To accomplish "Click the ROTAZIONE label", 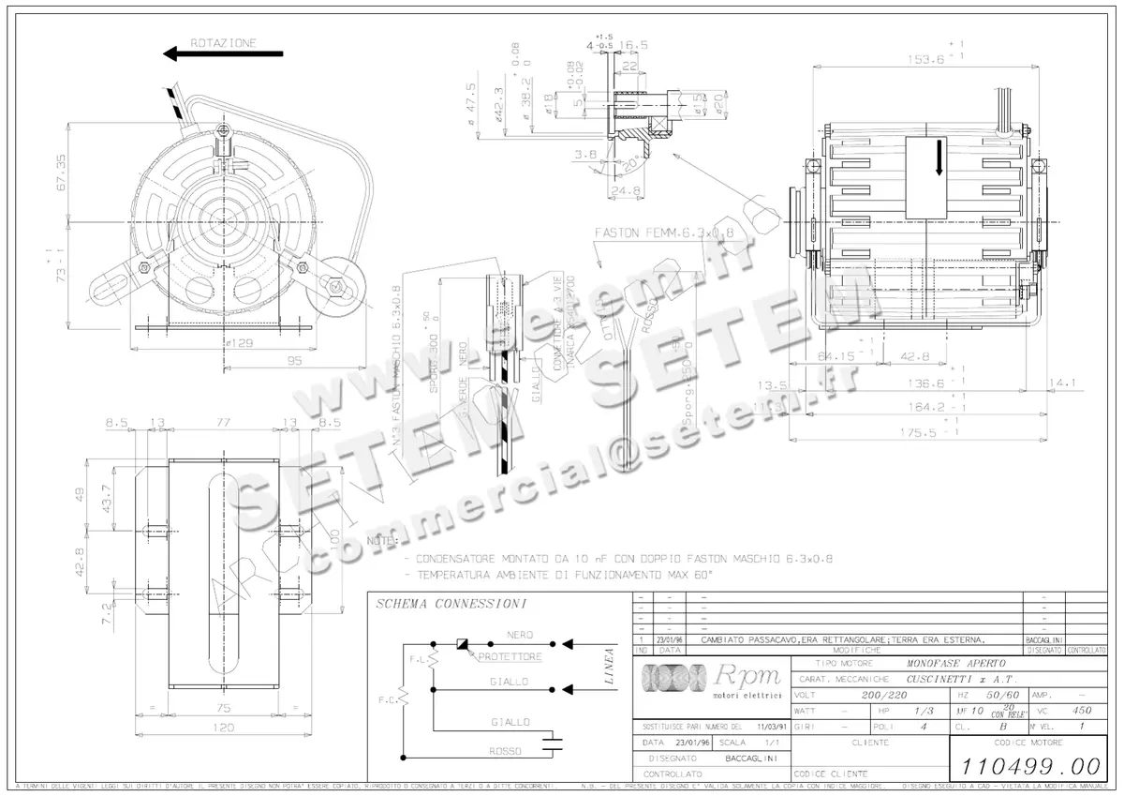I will click(x=222, y=42).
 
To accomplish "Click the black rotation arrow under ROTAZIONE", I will click(x=223, y=55).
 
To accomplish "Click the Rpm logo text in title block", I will click(x=741, y=674).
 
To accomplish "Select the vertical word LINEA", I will click(x=610, y=667).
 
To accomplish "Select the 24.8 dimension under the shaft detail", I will click(x=619, y=192).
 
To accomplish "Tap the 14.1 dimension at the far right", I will click(x=1065, y=383).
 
